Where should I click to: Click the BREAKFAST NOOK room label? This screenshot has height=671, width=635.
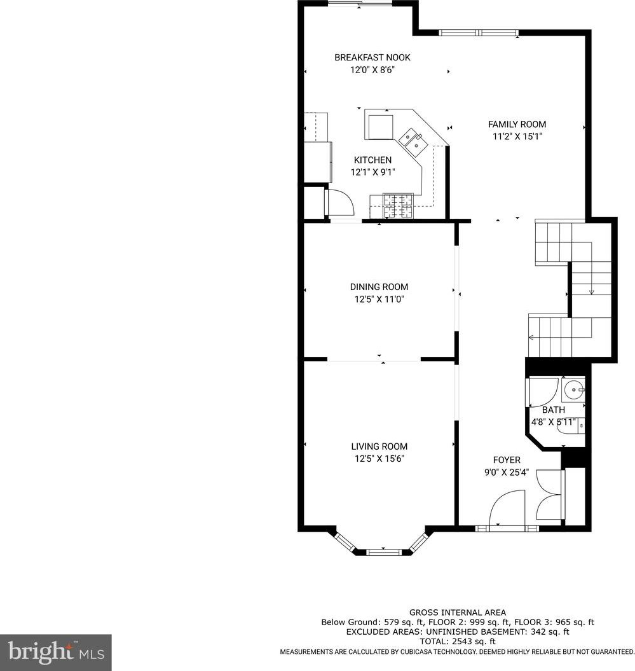pos(372,57)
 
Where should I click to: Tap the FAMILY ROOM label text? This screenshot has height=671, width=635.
pos(517,125)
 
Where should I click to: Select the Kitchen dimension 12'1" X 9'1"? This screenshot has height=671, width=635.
pos(372,172)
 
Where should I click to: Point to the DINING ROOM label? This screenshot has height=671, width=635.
pos(379,287)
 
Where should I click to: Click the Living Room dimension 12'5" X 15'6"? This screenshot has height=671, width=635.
pos(379,459)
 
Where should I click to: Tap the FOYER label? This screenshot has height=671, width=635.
pos(507,460)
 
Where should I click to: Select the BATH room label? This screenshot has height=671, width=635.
pos(554,410)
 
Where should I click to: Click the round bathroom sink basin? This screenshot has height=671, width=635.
pos(573,389)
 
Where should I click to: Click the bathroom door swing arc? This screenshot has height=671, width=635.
pos(543,392)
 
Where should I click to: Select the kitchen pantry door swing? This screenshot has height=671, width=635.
pos(340,202)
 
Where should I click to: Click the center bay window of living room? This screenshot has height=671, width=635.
pos(384,552)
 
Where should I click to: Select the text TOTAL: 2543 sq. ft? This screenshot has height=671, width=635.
pos(458,641)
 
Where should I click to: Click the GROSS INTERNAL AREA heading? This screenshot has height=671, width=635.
pos(458,612)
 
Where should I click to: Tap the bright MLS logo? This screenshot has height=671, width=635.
pos(55,652)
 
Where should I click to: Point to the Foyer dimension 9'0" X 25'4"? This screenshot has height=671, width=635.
pos(507,473)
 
